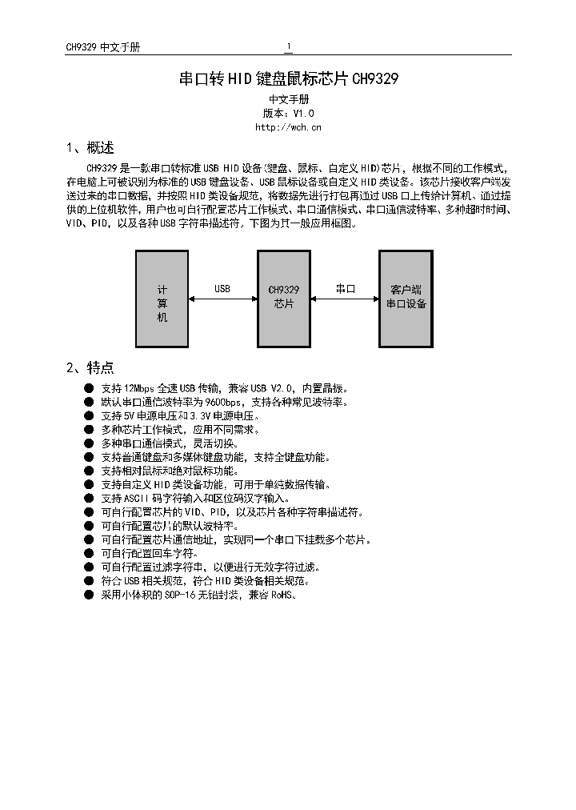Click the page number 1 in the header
tap(289, 46)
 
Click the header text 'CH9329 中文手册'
tap(102, 47)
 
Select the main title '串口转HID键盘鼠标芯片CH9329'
tap(288, 79)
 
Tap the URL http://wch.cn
tap(288, 126)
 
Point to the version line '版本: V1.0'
tap(288, 114)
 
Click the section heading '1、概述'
tap(90, 148)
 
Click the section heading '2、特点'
tap(90, 367)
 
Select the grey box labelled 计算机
tap(162, 299)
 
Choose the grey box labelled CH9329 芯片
tap(284, 299)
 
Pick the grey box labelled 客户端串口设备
tap(406, 299)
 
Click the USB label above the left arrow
tap(222, 288)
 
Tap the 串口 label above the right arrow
tap(345, 288)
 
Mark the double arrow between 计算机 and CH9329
tap(223, 299)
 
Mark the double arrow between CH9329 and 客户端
tap(345, 299)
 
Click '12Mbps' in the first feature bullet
tap(140, 388)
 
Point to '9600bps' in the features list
tap(223, 402)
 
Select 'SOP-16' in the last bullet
tap(180, 595)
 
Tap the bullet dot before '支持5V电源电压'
tap(88, 416)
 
